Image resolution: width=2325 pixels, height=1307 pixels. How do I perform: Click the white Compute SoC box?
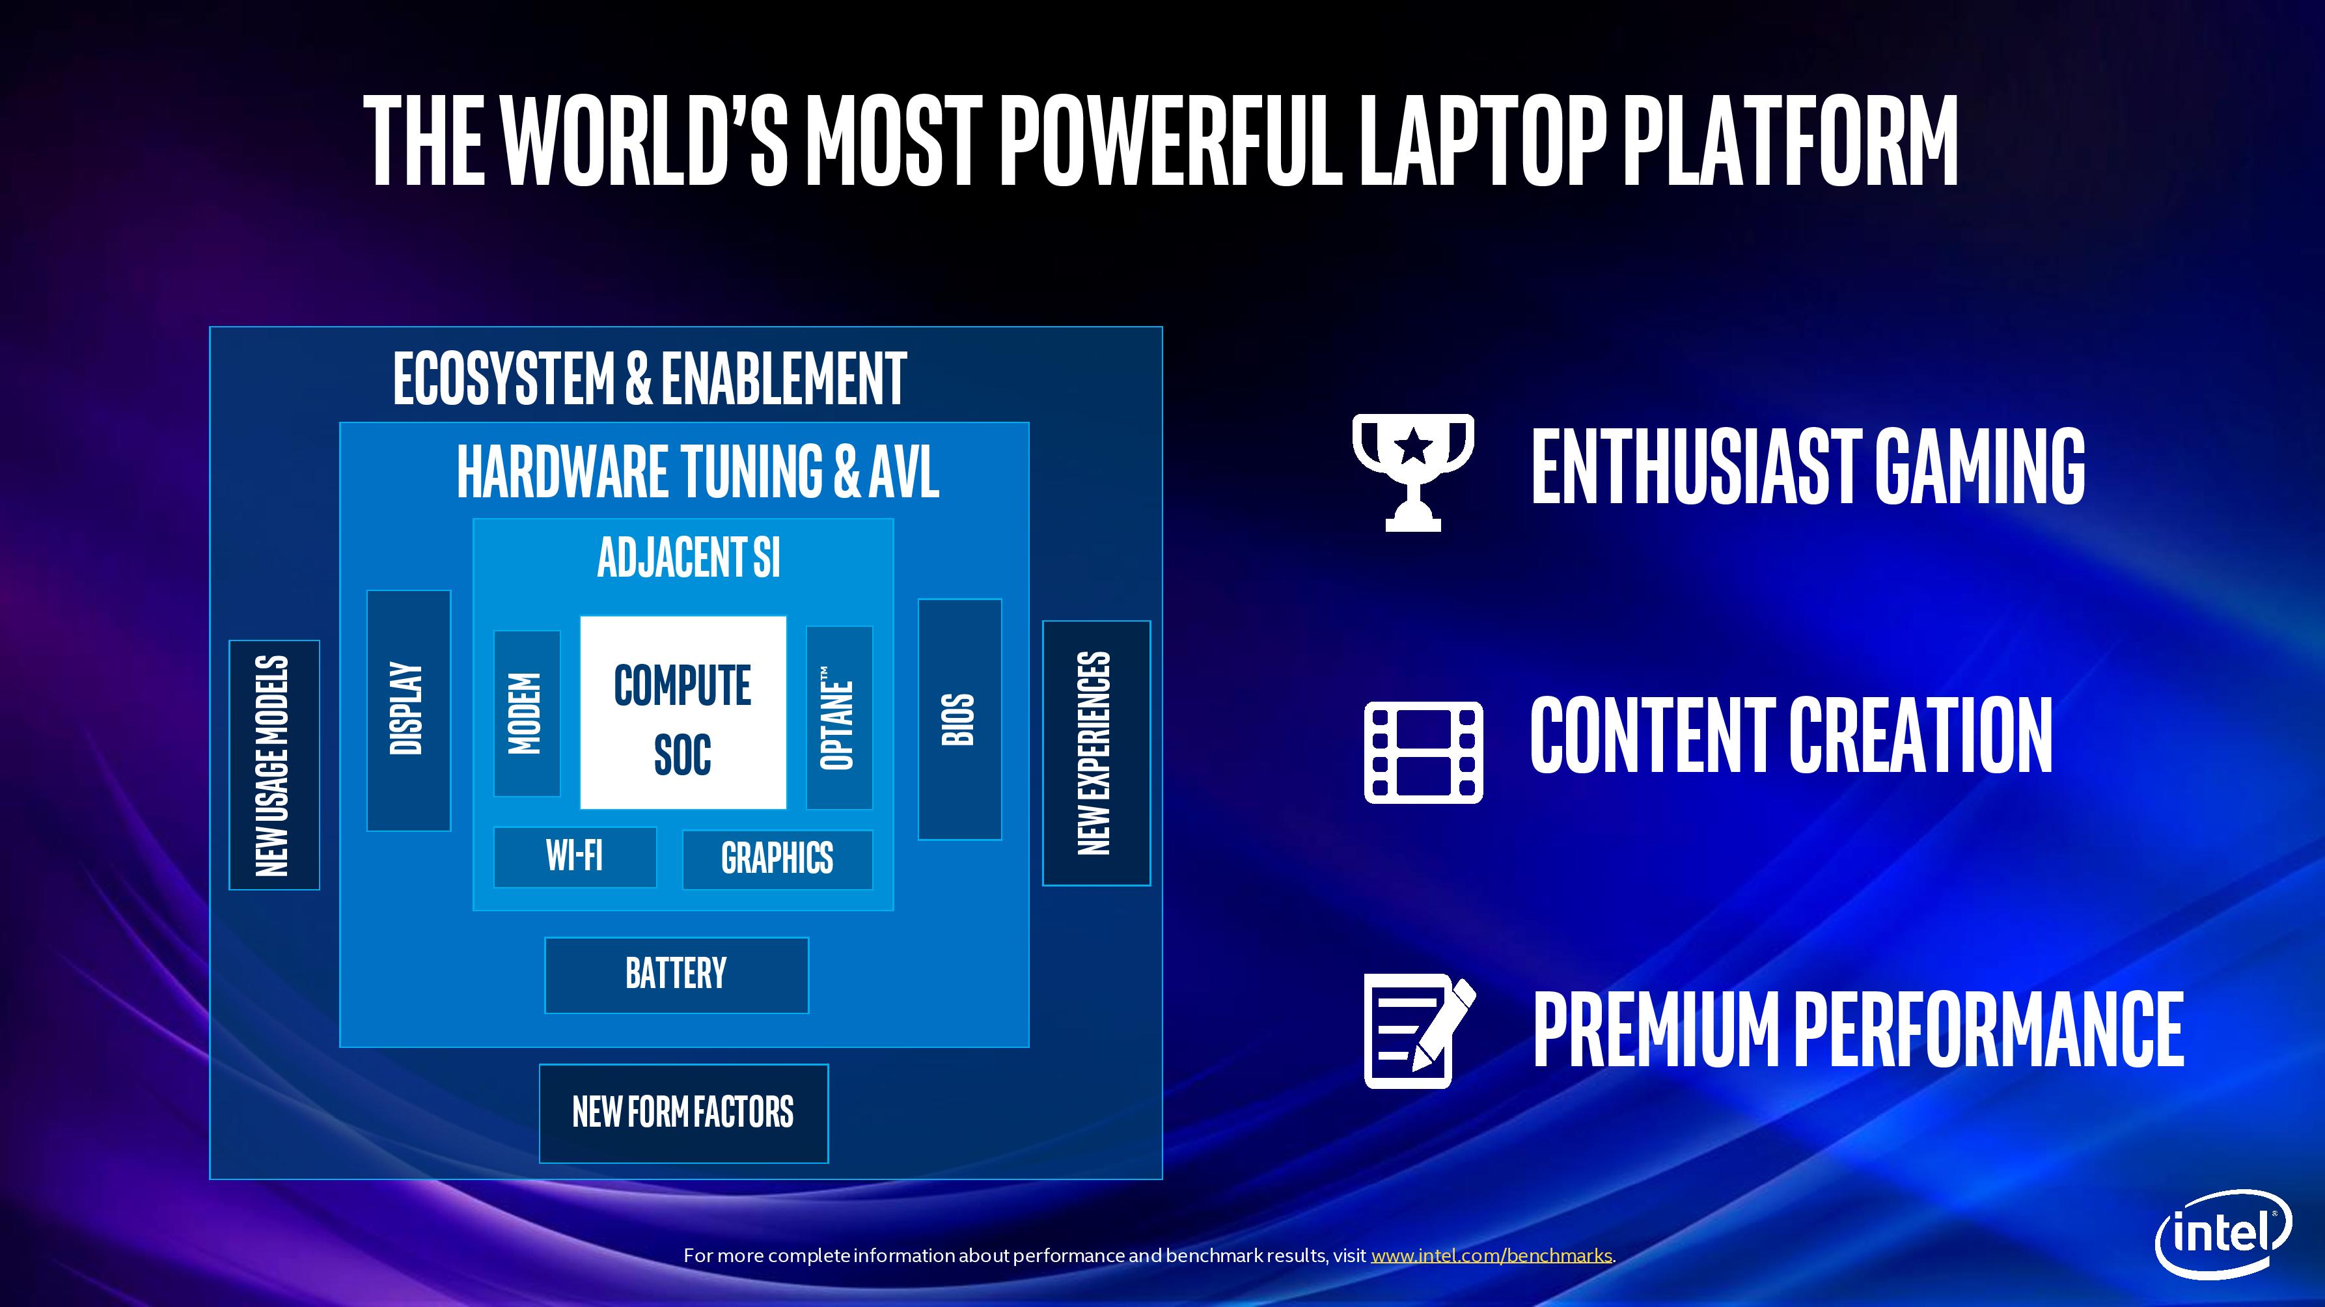(x=682, y=712)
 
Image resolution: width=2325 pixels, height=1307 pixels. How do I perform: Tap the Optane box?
(x=838, y=717)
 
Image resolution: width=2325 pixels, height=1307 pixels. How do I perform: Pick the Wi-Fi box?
(x=575, y=857)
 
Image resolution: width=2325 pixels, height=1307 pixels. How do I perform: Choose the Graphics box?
(x=777, y=859)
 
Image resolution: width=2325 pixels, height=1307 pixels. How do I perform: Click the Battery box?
(x=676, y=975)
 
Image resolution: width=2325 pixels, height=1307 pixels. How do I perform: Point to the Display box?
(x=408, y=710)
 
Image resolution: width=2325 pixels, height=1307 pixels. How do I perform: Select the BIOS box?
(x=959, y=719)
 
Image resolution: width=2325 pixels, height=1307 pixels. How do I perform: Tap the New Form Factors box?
(x=683, y=1113)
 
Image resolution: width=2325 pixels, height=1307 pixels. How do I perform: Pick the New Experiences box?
(x=1095, y=753)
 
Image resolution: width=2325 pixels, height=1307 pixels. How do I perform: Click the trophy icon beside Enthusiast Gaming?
(x=1412, y=471)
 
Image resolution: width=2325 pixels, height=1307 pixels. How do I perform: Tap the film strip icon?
(x=1424, y=752)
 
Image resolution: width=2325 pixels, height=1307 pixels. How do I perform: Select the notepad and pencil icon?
(x=1420, y=1031)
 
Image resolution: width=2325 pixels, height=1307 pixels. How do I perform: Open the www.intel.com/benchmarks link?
(x=1491, y=1256)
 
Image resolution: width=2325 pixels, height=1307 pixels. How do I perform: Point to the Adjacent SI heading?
(x=689, y=557)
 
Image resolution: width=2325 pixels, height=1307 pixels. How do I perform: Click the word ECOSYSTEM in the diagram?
(x=504, y=378)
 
